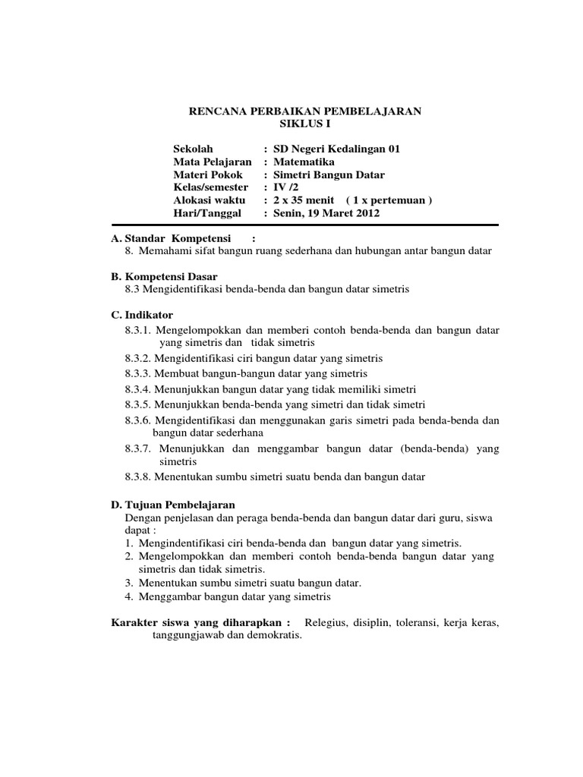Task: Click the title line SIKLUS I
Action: click(304, 124)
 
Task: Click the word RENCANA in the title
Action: click(217, 111)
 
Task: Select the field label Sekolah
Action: click(194, 149)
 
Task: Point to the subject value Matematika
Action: click(303, 162)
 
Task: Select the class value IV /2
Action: click(285, 187)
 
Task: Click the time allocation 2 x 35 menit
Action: click(304, 200)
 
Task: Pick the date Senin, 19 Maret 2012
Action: click(326, 213)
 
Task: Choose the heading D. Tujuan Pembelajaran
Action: click(173, 505)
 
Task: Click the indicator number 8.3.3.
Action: click(139, 373)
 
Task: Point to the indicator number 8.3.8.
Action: click(139, 477)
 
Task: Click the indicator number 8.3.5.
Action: click(139, 404)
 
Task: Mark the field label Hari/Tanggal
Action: click(206, 213)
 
